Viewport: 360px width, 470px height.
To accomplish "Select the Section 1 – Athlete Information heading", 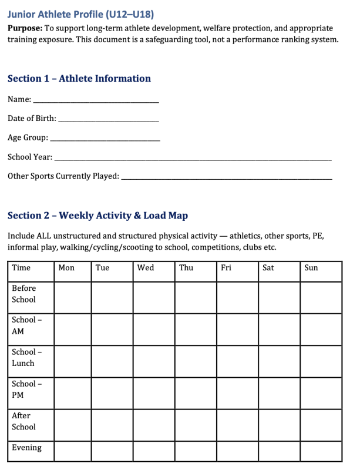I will click(x=79, y=79).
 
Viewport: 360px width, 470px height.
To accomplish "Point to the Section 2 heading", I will click(x=97, y=216).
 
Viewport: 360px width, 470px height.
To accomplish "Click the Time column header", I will click(x=21, y=268).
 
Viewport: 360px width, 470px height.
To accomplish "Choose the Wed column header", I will click(x=145, y=268).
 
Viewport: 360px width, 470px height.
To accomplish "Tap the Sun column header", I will click(x=311, y=268).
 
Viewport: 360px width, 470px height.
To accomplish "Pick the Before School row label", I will click(x=24, y=294).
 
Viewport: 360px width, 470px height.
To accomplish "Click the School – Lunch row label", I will click(x=24, y=357).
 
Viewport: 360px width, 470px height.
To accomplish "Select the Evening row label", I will click(x=27, y=448).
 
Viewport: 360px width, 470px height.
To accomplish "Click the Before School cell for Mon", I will click(x=72, y=297).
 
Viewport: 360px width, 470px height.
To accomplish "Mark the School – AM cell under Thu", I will click(x=195, y=329).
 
